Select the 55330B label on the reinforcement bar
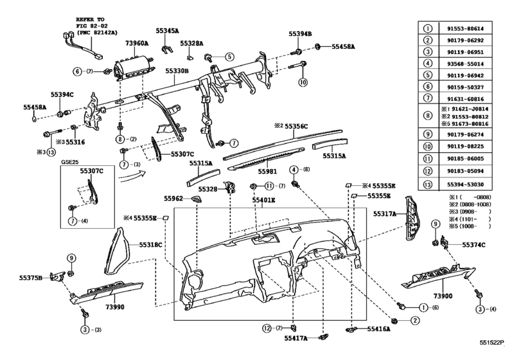click(x=177, y=71)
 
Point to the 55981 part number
click(x=269, y=172)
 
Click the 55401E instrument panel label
click(x=264, y=200)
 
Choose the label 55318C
click(x=152, y=244)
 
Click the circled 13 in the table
click(x=427, y=184)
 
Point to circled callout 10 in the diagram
click(x=303, y=82)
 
